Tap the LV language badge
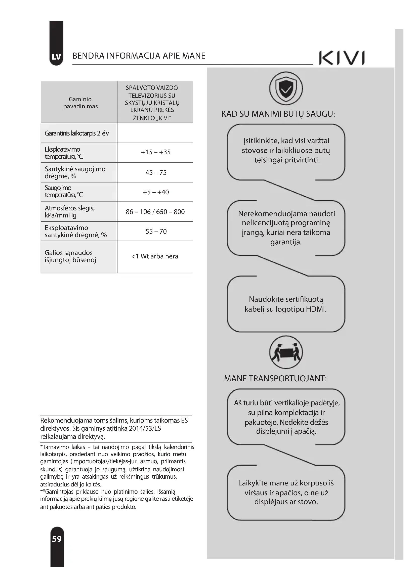coord(56,57)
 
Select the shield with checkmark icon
coord(286,88)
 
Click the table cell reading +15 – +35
coord(155,152)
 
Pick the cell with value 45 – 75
coord(156,173)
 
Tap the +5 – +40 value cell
coord(156,192)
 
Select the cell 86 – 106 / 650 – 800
coord(155,212)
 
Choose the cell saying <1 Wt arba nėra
coord(155,256)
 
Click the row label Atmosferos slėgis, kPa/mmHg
coord(70,211)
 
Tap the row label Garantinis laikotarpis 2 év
coord(77,133)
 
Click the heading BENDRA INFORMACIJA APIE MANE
coord(139,56)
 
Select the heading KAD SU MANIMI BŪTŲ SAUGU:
coord(278,114)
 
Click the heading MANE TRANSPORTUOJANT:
coord(275,379)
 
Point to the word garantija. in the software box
coord(286,242)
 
